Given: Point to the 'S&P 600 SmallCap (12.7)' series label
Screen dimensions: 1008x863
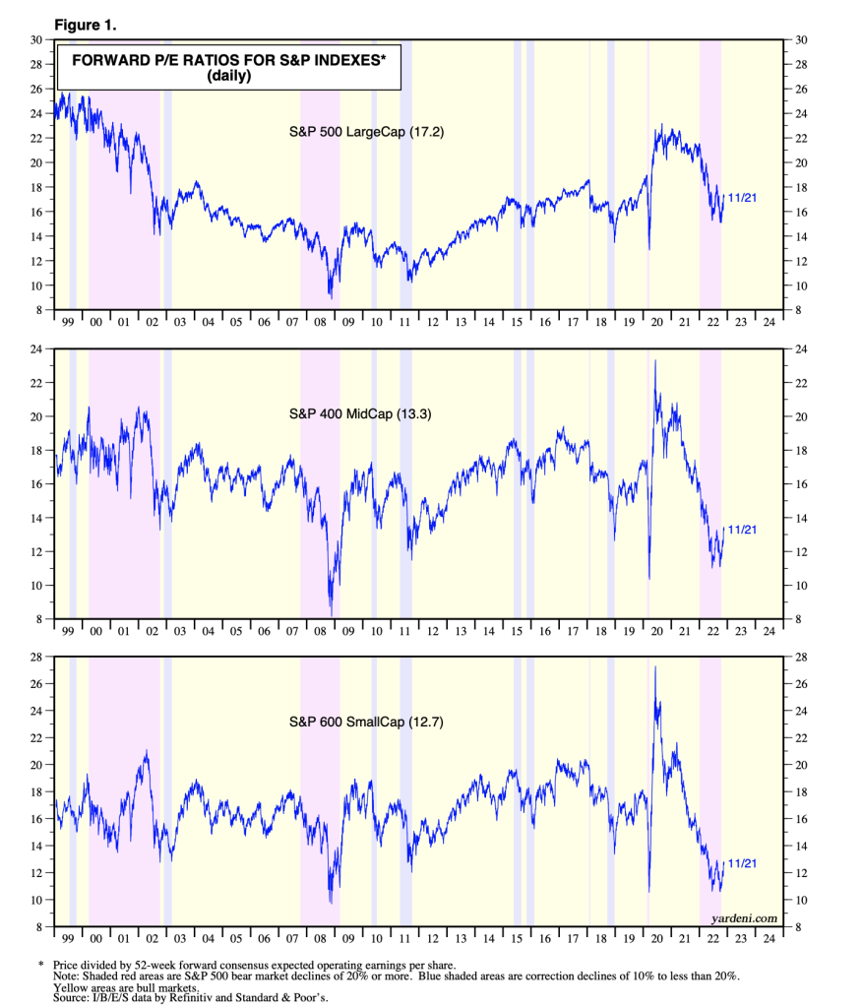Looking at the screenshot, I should pyautogui.click(x=367, y=722).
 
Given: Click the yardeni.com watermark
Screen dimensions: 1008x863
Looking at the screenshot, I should pyautogui.click(x=743, y=917).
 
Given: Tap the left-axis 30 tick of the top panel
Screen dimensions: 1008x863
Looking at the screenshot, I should pyautogui.click(x=35, y=40).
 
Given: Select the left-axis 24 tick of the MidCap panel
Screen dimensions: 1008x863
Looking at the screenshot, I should pyautogui.click(x=35, y=348).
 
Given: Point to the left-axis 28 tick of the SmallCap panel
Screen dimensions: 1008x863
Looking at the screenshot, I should pyautogui.click(x=35, y=657).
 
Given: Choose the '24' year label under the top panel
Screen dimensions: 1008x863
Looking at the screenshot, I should pyautogui.click(x=767, y=324).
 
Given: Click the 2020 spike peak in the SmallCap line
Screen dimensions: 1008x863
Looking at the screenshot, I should pyautogui.click(x=655, y=667).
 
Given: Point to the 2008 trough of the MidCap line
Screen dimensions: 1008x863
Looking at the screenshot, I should pyautogui.click(x=332, y=614).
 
